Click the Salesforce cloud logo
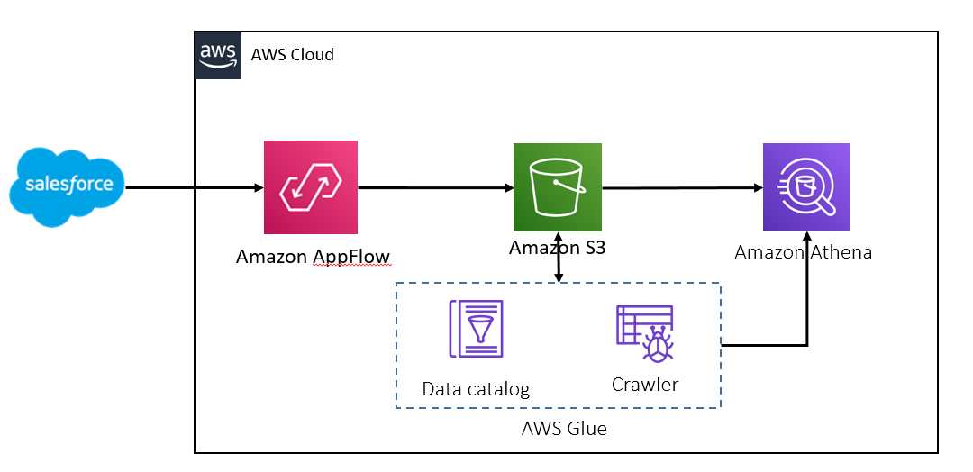pos(68,187)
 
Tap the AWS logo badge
pos(218,55)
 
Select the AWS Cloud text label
pos(292,55)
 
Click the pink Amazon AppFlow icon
pos(311,187)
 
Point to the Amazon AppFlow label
pos(313,257)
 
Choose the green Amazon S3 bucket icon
pos(557,187)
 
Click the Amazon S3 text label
pos(557,248)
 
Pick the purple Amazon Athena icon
pos(806,187)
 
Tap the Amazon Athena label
pos(804,252)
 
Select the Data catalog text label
pos(476,389)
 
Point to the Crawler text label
pos(644,385)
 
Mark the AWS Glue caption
pos(564,429)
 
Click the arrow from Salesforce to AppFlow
pos(194,188)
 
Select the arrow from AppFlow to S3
pos(436,188)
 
